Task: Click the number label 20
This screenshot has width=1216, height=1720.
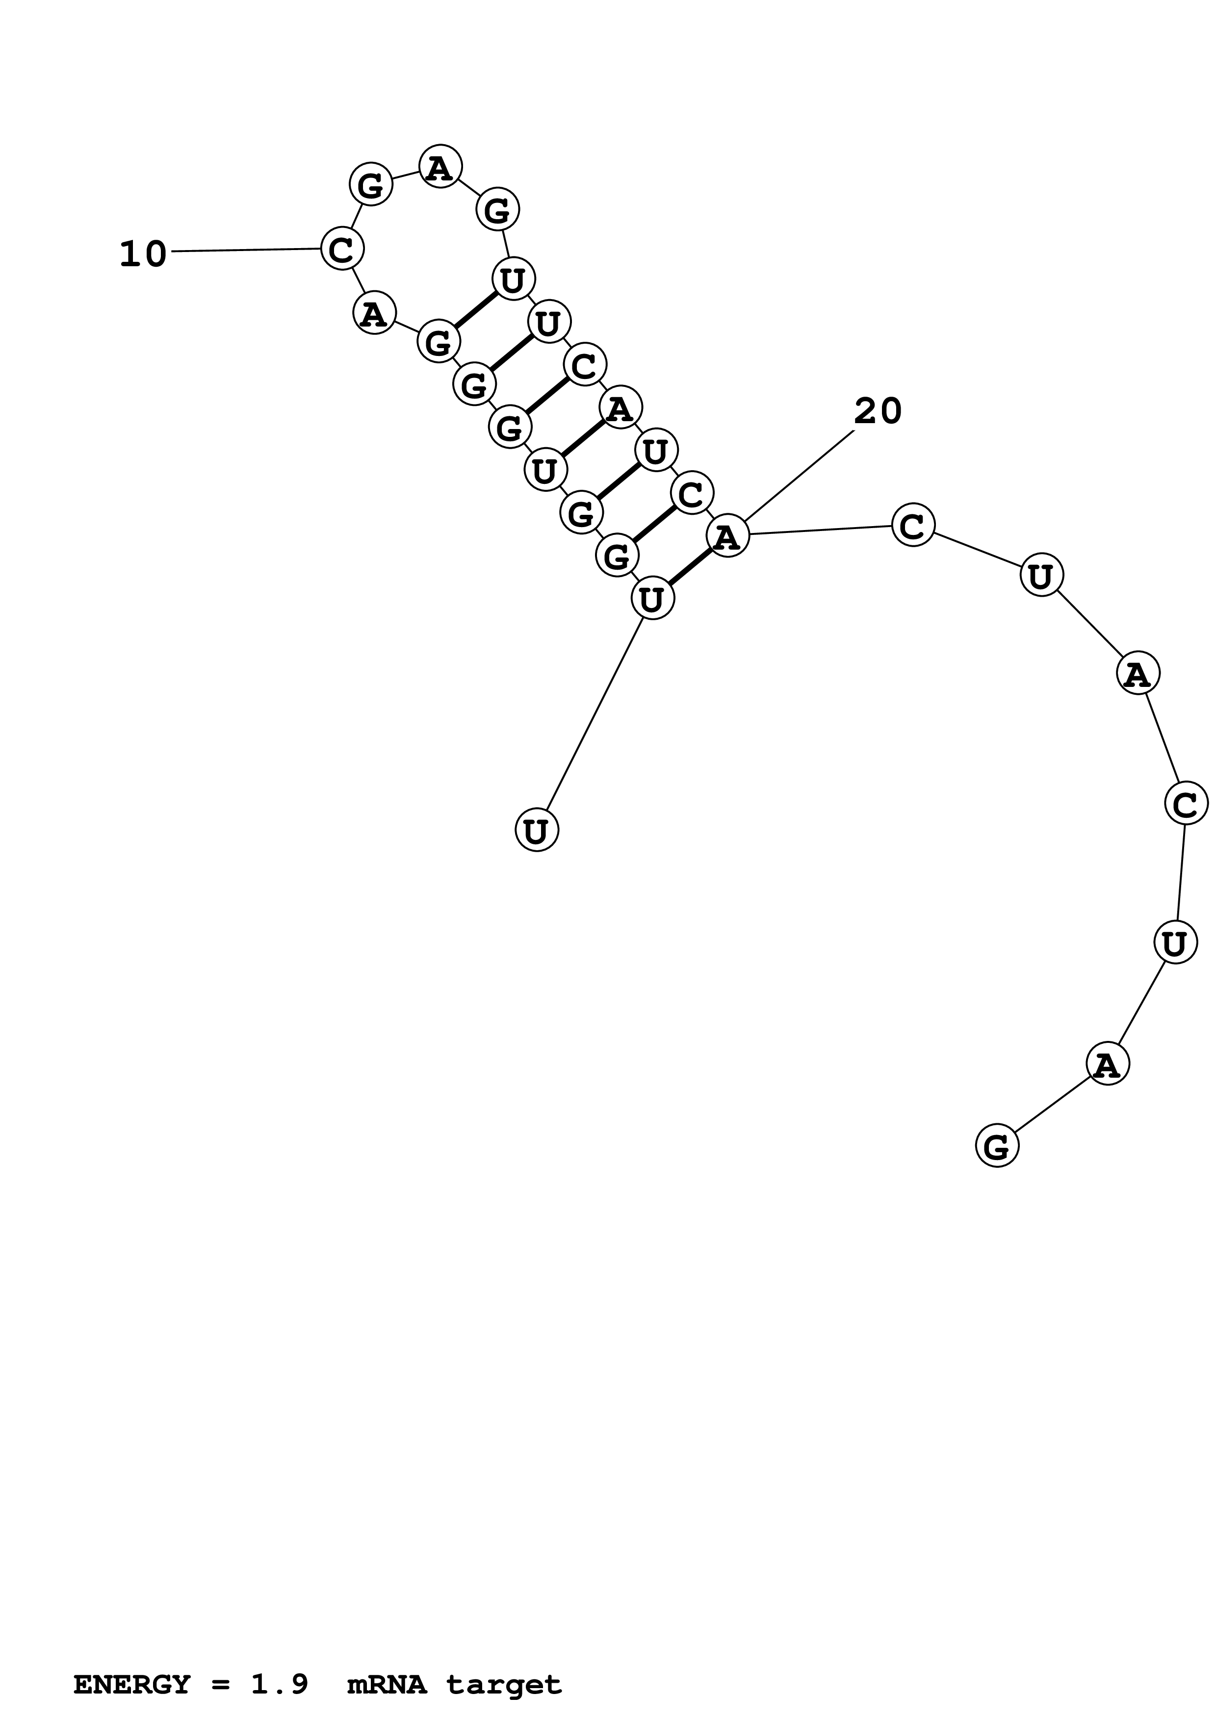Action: (x=878, y=411)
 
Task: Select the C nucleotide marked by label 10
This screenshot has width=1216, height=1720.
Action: (x=342, y=249)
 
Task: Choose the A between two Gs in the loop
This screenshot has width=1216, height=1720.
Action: (x=440, y=166)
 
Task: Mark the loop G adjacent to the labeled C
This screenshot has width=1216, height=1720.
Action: (x=371, y=184)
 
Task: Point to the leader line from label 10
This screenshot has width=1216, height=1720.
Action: (x=246, y=250)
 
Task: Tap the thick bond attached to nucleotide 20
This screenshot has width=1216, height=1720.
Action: (x=689, y=567)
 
